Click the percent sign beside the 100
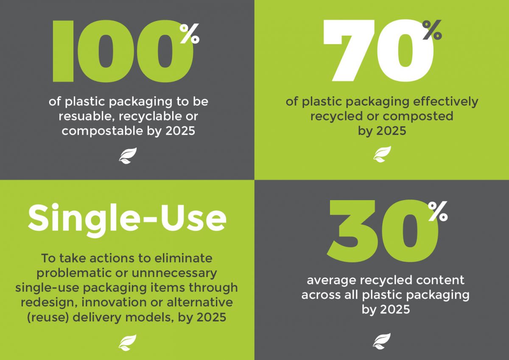(x=190, y=33)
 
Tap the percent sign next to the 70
(x=432, y=30)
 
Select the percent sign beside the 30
(x=438, y=211)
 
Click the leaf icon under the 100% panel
(x=128, y=156)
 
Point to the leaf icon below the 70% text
(x=382, y=154)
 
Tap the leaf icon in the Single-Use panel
(x=128, y=343)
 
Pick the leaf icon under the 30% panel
(x=382, y=341)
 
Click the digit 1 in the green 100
(x=63, y=51)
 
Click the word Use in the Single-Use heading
(x=193, y=218)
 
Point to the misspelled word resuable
(x=87, y=116)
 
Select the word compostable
(x=102, y=131)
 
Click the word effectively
(x=446, y=102)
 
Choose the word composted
(x=418, y=117)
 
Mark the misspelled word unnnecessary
(x=174, y=273)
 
